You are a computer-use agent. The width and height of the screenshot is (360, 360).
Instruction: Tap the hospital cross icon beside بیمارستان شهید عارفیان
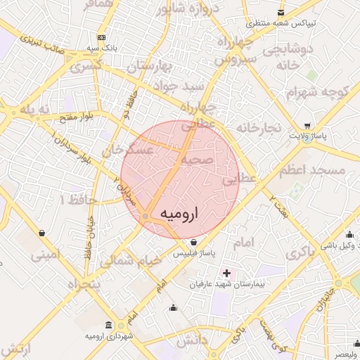(226, 272)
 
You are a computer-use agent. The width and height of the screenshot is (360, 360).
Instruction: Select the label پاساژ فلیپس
(193, 252)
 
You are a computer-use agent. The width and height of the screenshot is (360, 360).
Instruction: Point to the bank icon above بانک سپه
(102, 37)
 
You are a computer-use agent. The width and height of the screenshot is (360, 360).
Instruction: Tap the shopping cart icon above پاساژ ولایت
(307, 127)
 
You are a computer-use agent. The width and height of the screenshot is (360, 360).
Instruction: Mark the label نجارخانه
(259, 128)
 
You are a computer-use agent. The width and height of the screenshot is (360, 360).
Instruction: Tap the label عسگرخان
(129, 150)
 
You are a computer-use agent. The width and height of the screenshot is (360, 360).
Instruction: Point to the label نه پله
(36, 110)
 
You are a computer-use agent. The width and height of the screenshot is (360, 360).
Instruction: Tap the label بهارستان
(151, 67)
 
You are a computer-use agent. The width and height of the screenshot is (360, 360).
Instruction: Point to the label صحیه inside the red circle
(198, 160)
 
